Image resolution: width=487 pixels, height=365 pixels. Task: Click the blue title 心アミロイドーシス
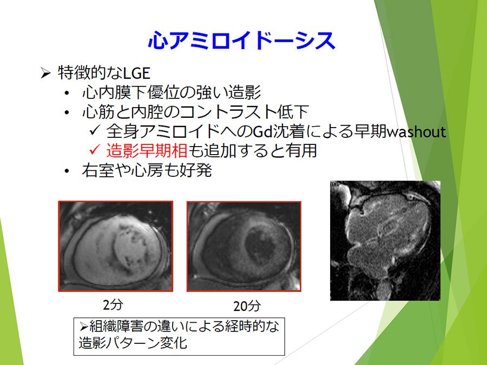[242, 41]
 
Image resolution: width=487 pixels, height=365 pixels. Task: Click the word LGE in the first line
[137, 73]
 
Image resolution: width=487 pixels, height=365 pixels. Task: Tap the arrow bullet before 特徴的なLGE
[45, 73]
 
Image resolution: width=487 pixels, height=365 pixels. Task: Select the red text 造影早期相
[147, 150]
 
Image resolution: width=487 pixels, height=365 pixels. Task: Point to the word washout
[417, 131]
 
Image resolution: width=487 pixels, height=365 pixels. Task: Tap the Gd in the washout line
[263, 131]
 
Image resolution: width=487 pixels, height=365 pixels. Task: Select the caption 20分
[247, 306]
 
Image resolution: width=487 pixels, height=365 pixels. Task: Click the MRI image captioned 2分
[116, 247]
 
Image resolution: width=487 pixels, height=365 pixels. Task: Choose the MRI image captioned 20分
[244, 247]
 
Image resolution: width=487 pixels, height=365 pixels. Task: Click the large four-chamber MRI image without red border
[385, 241]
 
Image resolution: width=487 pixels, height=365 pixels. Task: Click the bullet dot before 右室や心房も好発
[67, 171]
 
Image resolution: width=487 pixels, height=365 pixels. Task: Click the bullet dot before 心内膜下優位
[67, 93]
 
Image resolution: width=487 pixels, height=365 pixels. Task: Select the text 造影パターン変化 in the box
[133, 343]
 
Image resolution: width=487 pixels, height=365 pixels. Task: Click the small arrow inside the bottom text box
[83, 327]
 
